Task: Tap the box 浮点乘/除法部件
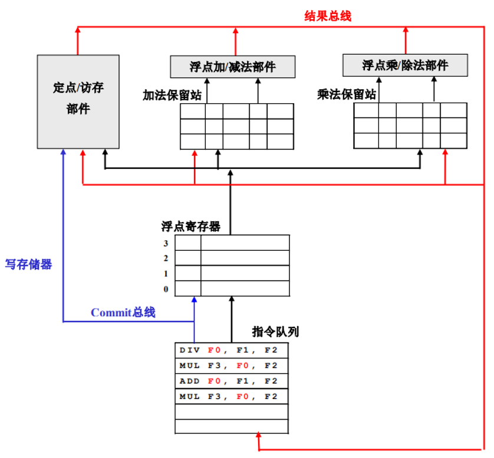[405, 65]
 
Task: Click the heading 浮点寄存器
[190, 226]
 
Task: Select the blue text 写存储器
[29, 264]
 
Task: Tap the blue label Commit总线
[123, 312]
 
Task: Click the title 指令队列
[275, 332]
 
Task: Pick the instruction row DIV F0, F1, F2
[231, 350]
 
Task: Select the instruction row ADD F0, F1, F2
[231, 381]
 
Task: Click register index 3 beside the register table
[166, 243]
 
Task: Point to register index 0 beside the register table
[166, 289]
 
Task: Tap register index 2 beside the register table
[166, 258]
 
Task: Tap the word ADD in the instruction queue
[190, 381]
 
